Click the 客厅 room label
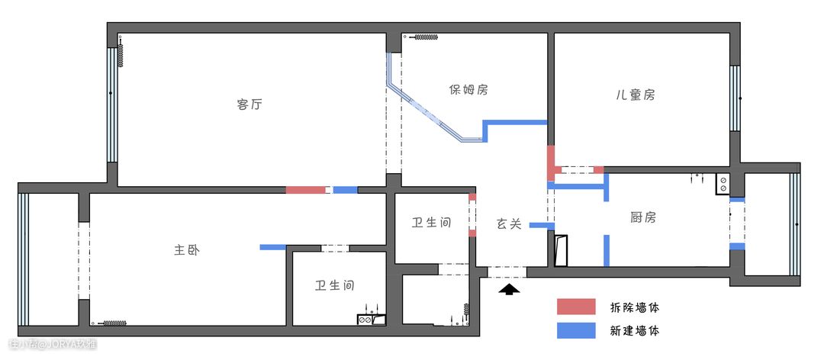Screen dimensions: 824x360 click(x=249, y=104)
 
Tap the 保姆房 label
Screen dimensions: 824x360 click(x=468, y=90)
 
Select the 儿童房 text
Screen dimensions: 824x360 click(x=636, y=95)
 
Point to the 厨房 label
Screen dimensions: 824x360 click(x=643, y=217)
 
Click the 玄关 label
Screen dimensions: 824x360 click(x=509, y=224)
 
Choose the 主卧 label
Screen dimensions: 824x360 click(x=187, y=250)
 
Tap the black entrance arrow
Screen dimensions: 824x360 click(x=509, y=289)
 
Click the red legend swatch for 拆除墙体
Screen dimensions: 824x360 click(x=577, y=307)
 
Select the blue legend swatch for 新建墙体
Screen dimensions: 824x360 click(x=577, y=330)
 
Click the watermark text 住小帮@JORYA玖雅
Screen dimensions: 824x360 click(x=53, y=344)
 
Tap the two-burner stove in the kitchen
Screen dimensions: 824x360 click(x=723, y=184)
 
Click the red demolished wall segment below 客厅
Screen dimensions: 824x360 click(x=305, y=190)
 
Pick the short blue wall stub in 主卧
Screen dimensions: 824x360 click(x=272, y=247)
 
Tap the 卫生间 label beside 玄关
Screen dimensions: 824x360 click(x=431, y=223)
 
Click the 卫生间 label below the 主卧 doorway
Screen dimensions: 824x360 click(x=335, y=285)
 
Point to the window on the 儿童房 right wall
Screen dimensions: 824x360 click(x=735, y=98)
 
